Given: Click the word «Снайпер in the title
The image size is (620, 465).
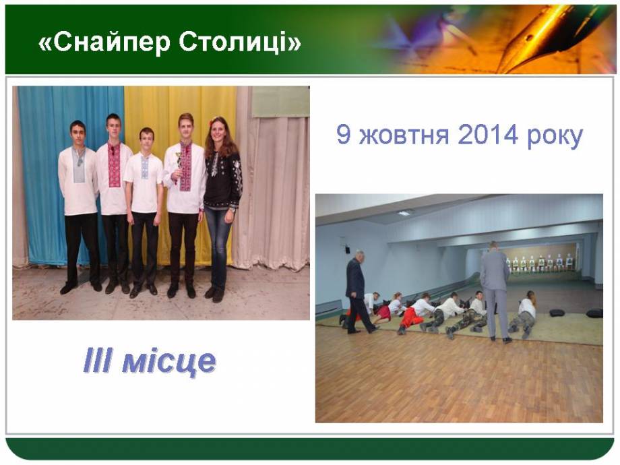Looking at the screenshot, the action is click(x=104, y=42).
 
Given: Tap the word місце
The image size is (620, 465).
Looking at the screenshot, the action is click(x=169, y=362).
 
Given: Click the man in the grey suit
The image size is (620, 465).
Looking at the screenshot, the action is click(x=495, y=291).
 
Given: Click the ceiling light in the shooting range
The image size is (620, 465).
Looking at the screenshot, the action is click(x=404, y=213).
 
